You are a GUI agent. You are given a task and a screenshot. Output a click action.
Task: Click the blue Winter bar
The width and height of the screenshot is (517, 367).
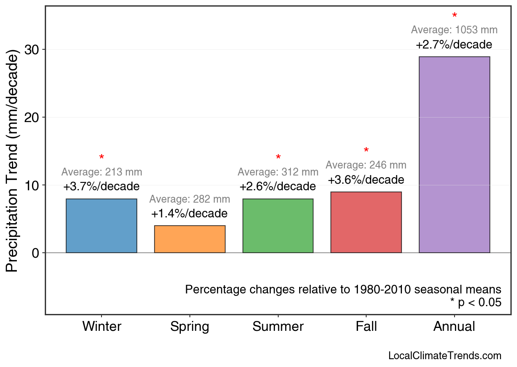(x=102, y=226)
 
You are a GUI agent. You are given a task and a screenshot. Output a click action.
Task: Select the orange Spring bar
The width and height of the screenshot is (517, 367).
(x=189, y=239)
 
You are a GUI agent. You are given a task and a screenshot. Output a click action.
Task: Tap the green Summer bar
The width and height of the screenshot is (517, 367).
(x=278, y=226)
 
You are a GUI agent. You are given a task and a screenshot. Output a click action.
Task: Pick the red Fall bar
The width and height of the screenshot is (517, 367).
(x=366, y=222)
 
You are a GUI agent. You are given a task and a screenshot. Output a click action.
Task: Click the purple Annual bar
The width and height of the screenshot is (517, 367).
(x=454, y=155)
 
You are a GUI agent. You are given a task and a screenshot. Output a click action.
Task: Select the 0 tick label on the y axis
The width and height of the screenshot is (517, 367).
(x=36, y=253)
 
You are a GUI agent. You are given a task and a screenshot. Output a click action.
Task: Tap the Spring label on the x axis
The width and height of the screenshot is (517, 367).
(x=189, y=327)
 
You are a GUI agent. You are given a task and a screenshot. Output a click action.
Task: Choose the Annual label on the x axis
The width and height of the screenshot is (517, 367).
(x=454, y=327)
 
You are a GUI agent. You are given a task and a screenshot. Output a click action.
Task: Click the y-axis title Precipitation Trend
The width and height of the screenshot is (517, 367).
(x=13, y=162)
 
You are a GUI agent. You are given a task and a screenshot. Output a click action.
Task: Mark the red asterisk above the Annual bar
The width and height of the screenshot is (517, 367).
(x=455, y=16)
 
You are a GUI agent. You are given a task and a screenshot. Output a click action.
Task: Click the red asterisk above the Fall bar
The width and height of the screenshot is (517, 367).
(x=366, y=151)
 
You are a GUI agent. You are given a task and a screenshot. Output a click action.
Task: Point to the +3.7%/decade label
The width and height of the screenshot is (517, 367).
(x=102, y=187)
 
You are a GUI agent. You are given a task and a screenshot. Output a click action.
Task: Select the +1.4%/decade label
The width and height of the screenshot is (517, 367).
(x=189, y=214)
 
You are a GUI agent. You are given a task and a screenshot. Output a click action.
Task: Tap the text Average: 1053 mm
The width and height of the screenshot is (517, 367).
(x=454, y=30)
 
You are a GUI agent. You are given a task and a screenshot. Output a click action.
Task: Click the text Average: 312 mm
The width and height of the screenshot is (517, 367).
(x=278, y=172)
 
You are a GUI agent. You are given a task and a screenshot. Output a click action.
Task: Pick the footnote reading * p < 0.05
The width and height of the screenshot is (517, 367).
(x=475, y=303)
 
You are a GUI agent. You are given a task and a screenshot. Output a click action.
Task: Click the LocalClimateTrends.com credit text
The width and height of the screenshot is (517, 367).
(x=445, y=356)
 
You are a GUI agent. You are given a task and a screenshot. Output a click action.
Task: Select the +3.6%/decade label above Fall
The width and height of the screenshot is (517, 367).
(x=366, y=180)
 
